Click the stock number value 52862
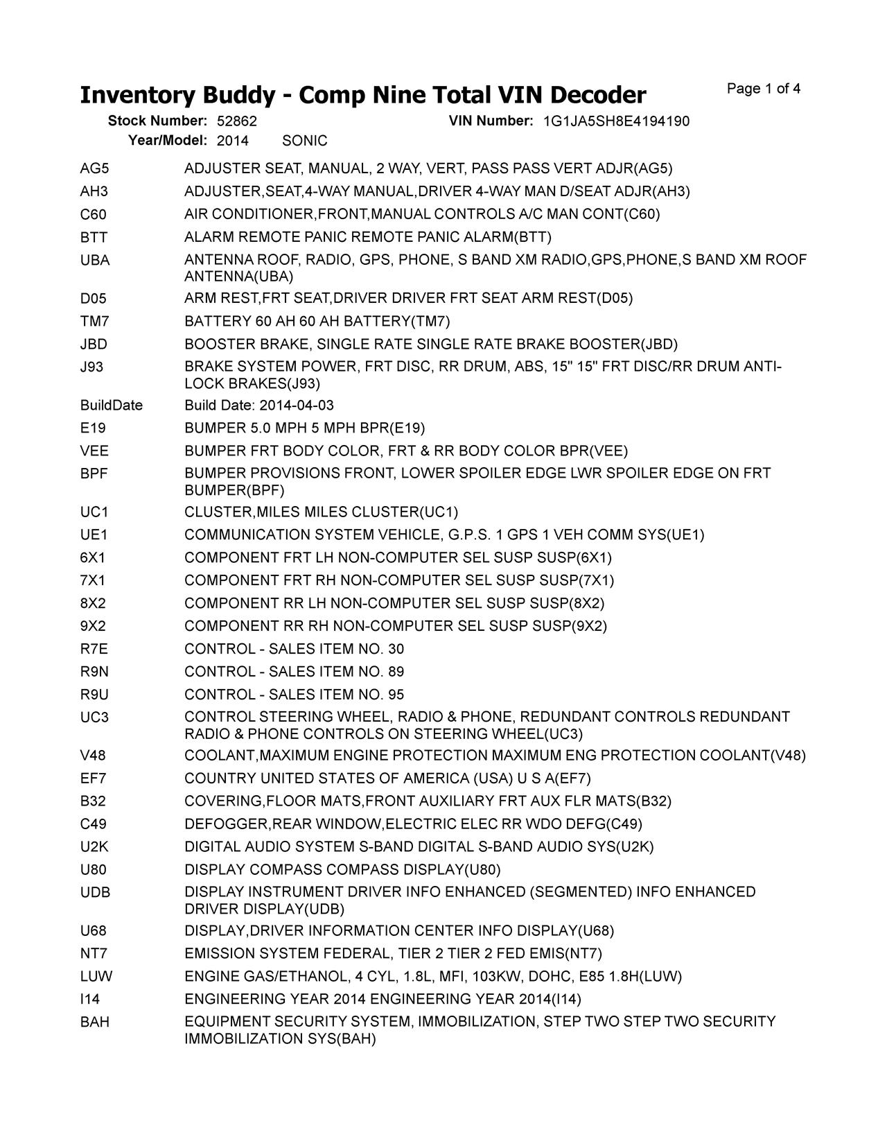237,121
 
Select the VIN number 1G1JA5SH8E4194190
616,121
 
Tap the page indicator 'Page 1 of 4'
764,89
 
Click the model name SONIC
305,141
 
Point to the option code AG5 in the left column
94,168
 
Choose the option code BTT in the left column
94,238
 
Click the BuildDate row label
112,406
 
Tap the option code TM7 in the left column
95,322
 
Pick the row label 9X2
93,626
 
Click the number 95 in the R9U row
396,695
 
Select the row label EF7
94,779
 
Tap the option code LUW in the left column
96,977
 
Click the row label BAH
95,1023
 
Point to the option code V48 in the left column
94,756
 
